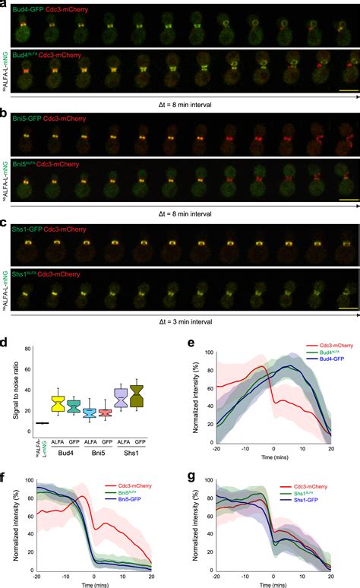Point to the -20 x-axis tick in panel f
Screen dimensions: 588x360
pyautogui.click(x=35, y=576)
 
